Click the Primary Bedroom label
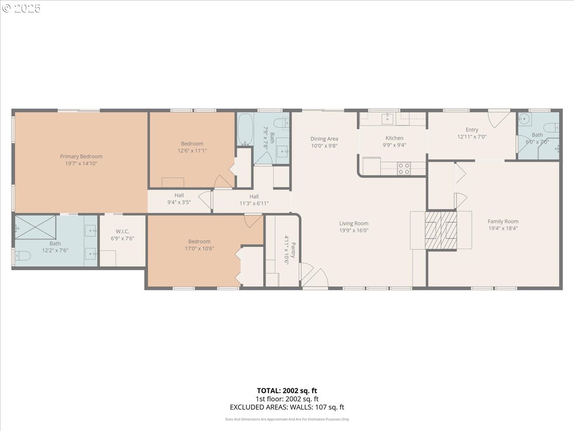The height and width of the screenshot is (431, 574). [x=81, y=157]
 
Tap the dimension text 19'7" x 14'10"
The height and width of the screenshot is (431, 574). [x=81, y=164]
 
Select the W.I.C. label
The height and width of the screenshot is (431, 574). [x=122, y=232]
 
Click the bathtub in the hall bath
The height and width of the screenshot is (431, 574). [x=245, y=130]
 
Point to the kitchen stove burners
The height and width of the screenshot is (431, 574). [x=404, y=169]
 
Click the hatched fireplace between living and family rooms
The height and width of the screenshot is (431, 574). [x=441, y=230]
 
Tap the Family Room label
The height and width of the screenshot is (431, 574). [x=503, y=221]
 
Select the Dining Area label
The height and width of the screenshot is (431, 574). [x=324, y=139]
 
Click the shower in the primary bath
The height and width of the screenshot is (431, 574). [x=35, y=227]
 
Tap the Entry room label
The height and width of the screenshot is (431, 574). [x=472, y=130]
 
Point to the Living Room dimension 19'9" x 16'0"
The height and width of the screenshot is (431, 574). [x=354, y=230]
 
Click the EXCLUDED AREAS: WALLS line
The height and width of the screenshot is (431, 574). [x=287, y=408]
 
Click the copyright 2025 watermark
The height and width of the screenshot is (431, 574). [x=22, y=9]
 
